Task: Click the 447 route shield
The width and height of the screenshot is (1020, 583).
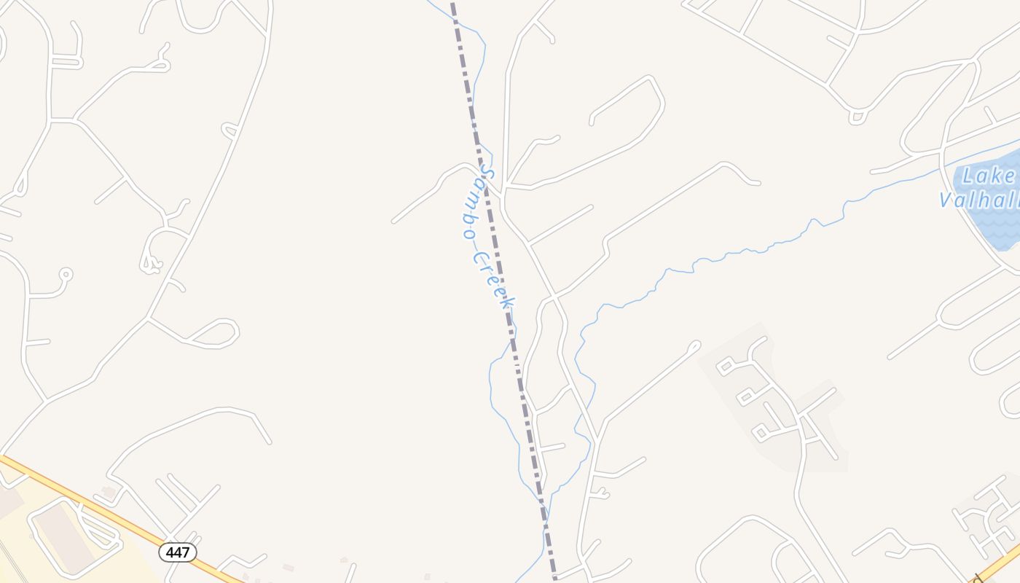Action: (x=178, y=552)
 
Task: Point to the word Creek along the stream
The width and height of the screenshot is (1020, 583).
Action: (x=495, y=280)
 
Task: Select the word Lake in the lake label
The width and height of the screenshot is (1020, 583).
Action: (x=988, y=176)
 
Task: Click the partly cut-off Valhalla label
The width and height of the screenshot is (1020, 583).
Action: (x=980, y=200)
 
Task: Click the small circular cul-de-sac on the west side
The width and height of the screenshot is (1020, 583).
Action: (x=66, y=275)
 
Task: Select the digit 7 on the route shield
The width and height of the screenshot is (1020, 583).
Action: (x=187, y=552)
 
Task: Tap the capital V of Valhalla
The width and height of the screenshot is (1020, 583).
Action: (x=946, y=200)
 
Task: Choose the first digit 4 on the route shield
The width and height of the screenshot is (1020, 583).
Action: (x=169, y=552)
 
